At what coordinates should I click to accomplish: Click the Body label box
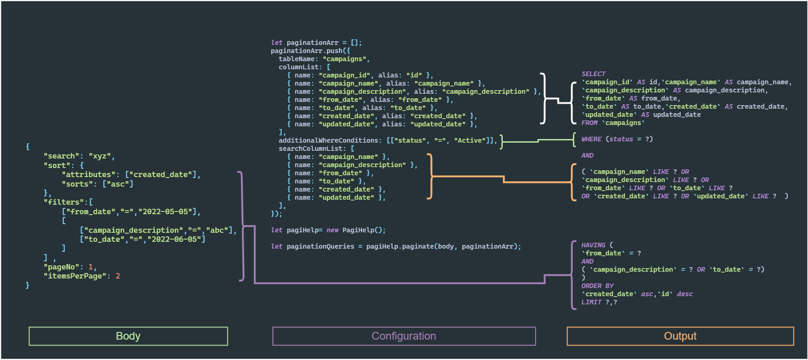pos(128,336)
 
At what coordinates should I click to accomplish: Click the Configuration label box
pos(404,336)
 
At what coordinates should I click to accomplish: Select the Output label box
pos(680,336)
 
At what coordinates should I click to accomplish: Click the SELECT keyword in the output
pos(593,74)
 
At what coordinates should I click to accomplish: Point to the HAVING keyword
pos(593,245)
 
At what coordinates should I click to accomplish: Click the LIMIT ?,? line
pos(599,302)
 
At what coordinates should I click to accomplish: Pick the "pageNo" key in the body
pos(62,267)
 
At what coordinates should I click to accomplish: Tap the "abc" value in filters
pos(217,230)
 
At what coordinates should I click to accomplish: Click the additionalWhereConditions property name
pos(328,140)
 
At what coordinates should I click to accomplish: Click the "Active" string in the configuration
pos(470,140)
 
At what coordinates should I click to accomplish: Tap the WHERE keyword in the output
pos(592,139)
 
